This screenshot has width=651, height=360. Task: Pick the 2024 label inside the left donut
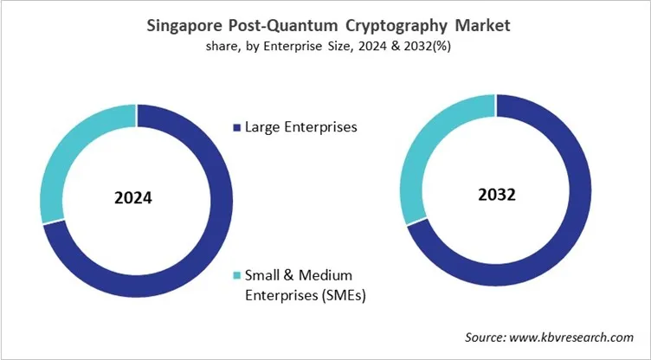click(133, 197)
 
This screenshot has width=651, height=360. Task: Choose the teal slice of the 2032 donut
click(424, 156)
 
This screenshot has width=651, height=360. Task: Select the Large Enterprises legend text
click(301, 127)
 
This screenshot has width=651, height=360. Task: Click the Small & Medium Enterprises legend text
click(299, 275)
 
